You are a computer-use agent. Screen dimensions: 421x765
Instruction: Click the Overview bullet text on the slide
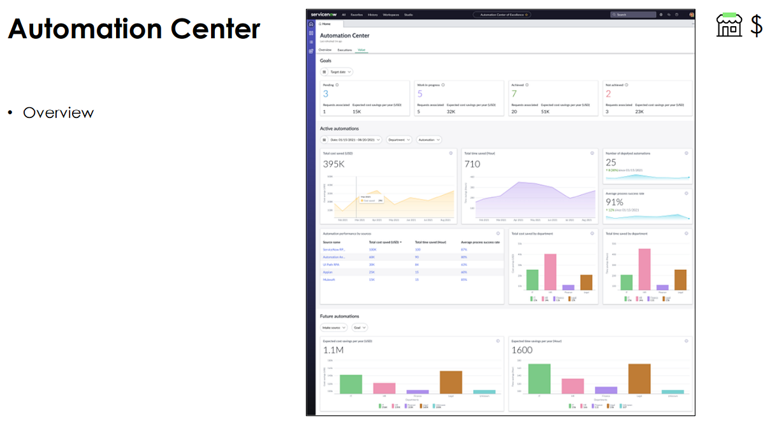58,113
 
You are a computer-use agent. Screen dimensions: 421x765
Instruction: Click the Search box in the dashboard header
632,14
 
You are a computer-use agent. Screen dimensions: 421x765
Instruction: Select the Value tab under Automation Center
361,49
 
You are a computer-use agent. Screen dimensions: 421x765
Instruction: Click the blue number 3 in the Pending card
326,94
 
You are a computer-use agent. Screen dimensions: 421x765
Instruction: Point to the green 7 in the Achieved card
514,94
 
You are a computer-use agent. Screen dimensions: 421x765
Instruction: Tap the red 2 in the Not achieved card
608,94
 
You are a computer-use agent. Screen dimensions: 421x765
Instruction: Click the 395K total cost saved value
334,164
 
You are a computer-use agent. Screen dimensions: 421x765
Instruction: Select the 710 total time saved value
472,164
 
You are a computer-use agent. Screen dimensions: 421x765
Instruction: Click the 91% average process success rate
614,202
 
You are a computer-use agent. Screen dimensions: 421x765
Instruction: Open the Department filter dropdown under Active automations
399,140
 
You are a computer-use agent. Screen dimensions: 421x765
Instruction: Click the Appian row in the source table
328,272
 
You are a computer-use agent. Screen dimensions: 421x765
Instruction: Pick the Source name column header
331,242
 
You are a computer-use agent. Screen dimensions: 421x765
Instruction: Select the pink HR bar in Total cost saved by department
550,272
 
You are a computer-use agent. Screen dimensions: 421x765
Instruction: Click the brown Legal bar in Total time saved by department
680,279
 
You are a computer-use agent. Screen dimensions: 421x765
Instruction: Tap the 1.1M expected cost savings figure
333,350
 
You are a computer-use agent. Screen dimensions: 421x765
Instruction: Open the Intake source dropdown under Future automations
334,327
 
